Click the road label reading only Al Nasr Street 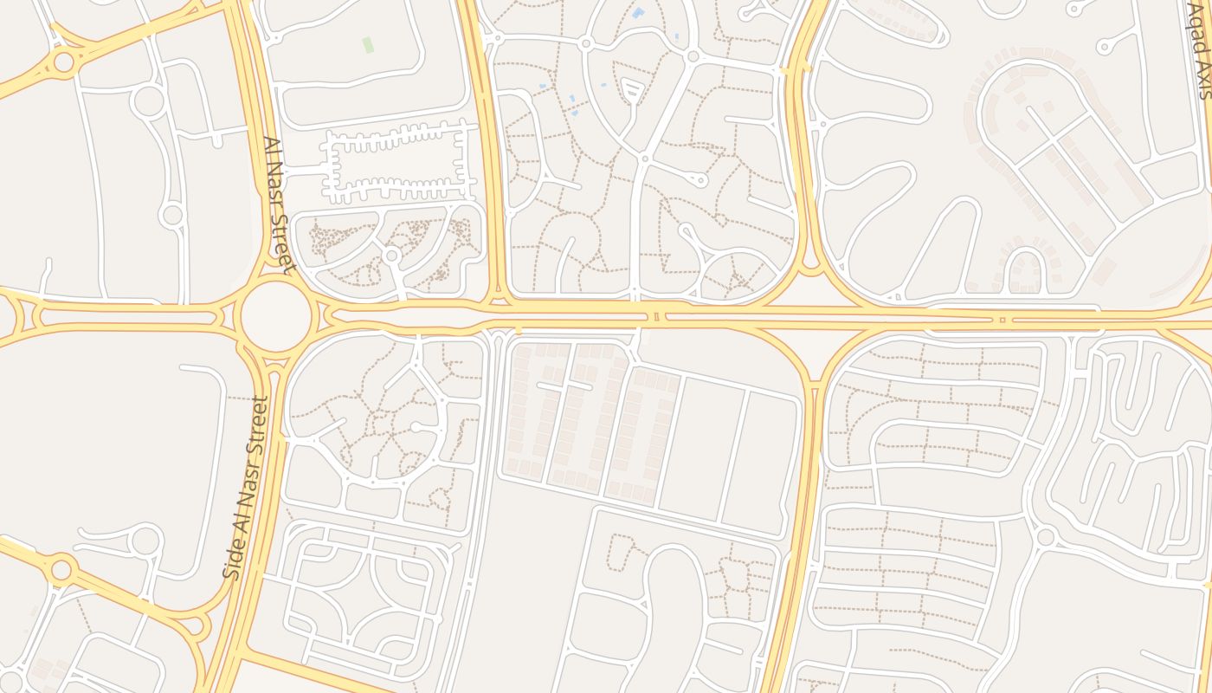tap(279, 205)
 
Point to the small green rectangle tap(368, 44)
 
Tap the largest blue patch tap(639, 13)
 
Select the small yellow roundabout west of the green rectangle tap(63, 62)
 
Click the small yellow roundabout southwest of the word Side tap(61, 569)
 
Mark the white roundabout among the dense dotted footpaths tap(391, 256)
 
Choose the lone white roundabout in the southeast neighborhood tap(1045, 536)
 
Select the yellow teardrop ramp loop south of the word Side tap(197, 625)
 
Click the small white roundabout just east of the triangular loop tap(693, 56)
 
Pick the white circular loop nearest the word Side tap(145, 541)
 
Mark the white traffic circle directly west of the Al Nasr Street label tap(171, 214)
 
